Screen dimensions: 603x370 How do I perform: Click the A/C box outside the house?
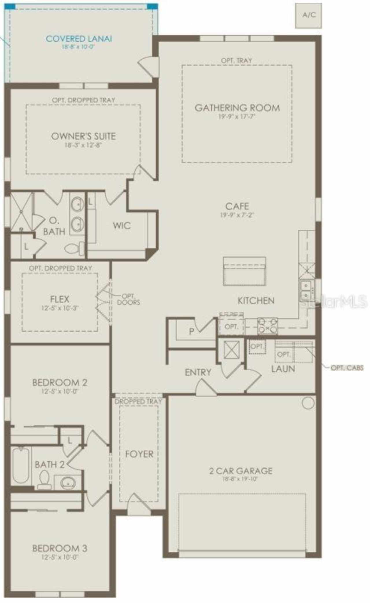point(308,15)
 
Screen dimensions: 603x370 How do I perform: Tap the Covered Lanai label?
point(79,39)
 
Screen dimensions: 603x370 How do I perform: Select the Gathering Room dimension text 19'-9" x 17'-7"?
point(237,117)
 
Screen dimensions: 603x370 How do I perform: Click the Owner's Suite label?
point(83,136)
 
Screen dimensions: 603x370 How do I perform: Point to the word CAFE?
point(237,206)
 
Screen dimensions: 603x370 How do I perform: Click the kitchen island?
point(245,271)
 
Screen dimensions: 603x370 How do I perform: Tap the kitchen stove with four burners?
point(267,326)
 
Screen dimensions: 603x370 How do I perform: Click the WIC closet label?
point(122,225)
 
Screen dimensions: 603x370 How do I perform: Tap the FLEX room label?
point(60,299)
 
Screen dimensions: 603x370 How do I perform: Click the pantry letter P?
point(191,331)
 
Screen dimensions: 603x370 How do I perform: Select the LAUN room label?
point(283,369)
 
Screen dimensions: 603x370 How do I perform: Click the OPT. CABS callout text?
point(347,368)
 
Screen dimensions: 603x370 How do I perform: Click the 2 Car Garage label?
point(241,471)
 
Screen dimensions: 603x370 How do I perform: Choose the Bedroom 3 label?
point(60,548)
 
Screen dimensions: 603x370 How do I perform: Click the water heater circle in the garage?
point(308,403)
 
